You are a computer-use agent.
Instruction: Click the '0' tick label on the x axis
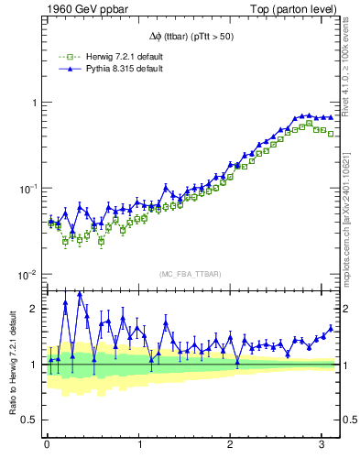[x=47, y=444]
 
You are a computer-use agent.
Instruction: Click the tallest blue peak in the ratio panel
[x=80, y=293]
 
